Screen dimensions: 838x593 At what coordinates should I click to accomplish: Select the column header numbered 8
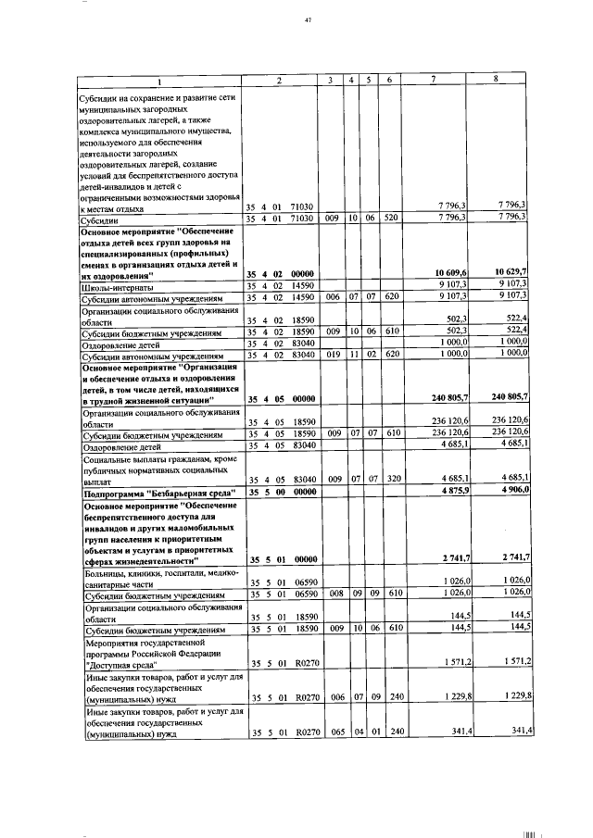click(x=497, y=80)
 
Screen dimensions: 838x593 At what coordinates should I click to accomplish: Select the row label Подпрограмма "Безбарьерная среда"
click(x=151, y=491)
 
